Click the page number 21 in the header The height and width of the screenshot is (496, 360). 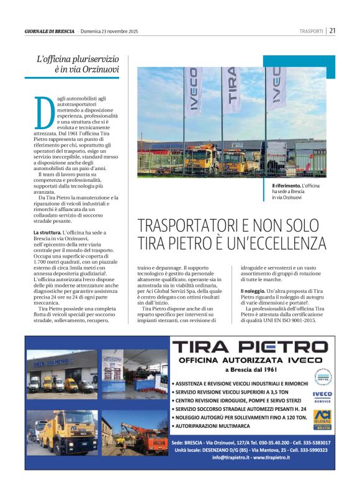(x=333, y=30)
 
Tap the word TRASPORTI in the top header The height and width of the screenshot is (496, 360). (x=311, y=31)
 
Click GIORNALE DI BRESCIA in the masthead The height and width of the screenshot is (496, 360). (x=49, y=31)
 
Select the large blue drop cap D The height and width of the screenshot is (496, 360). (x=42, y=112)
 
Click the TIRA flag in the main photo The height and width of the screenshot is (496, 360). (x=232, y=86)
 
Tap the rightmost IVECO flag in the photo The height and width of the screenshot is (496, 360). (x=276, y=86)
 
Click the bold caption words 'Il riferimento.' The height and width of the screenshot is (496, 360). (x=286, y=186)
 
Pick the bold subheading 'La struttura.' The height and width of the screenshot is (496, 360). (x=47, y=232)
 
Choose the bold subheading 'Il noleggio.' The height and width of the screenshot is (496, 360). (x=254, y=291)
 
